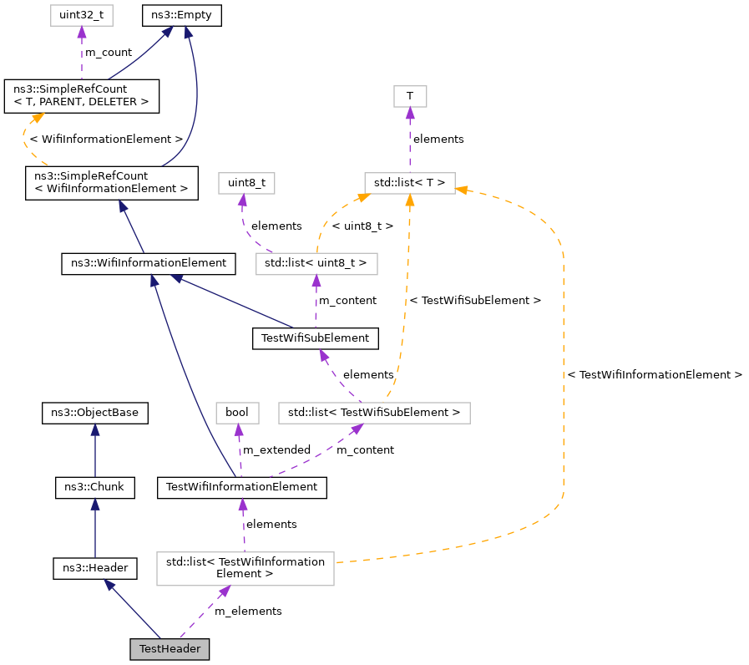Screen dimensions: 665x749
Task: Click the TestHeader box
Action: click(x=170, y=649)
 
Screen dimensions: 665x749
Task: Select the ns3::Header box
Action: click(x=94, y=568)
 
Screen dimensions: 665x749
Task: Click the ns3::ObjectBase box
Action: click(x=95, y=413)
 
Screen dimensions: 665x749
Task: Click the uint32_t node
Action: click(x=81, y=15)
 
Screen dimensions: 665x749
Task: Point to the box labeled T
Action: click(x=410, y=96)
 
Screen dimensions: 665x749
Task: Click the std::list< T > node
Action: click(x=410, y=181)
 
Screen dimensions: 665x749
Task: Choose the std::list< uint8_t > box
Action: click(x=316, y=263)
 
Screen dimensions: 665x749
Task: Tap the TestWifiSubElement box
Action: click(x=316, y=338)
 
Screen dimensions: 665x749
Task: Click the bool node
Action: click(x=237, y=413)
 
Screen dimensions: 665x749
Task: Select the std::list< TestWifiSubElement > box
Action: click(x=374, y=413)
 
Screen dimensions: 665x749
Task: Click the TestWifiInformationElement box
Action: click(x=242, y=487)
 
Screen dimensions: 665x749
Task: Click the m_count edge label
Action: click(x=109, y=53)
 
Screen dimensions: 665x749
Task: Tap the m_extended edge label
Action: click(x=276, y=450)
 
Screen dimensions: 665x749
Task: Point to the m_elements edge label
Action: click(x=248, y=612)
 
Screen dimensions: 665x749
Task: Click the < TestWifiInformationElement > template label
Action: click(x=655, y=375)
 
